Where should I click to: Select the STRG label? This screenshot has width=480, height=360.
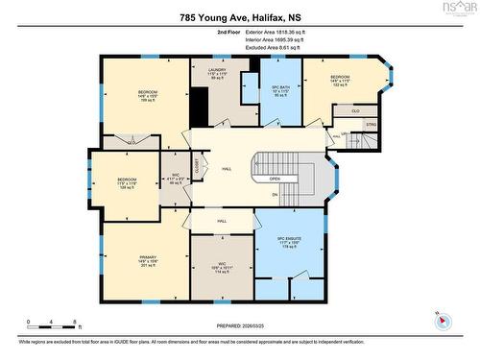(x=371, y=124)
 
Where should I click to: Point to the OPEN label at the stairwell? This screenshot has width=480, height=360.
(x=275, y=178)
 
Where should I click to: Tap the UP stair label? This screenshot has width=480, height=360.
(x=345, y=133)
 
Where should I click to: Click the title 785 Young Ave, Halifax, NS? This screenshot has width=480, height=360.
(x=240, y=16)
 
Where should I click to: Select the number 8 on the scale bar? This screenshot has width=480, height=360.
(x=75, y=321)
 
